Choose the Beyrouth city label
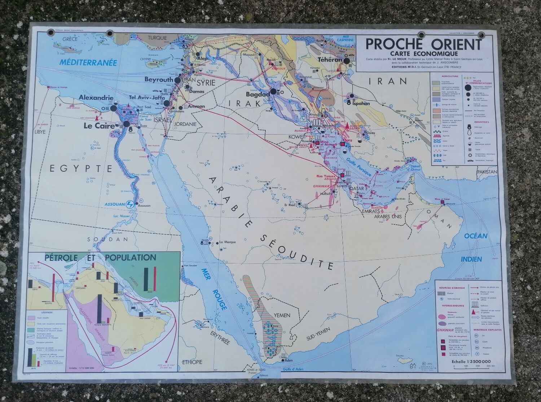159,79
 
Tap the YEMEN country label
282,315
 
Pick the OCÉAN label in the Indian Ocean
476,236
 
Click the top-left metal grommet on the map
50,33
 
